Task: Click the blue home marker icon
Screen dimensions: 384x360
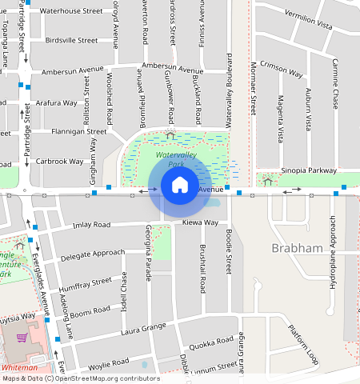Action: point(180,185)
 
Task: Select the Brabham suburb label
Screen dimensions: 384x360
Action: point(297,248)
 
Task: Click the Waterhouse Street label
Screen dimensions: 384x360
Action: point(71,12)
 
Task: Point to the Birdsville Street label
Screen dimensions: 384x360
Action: point(72,39)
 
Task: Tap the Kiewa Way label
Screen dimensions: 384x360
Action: point(200,222)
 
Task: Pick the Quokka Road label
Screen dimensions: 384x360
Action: point(212,340)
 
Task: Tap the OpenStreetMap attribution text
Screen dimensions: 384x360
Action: point(70,378)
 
